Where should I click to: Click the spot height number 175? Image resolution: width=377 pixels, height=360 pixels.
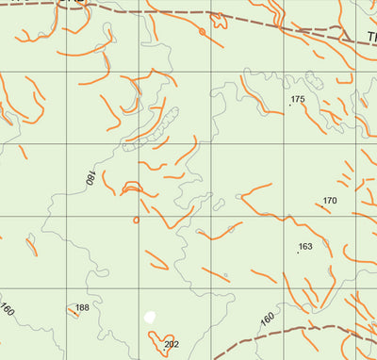(x=299, y=99)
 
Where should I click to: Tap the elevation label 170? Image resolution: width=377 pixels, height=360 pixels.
(x=330, y=201)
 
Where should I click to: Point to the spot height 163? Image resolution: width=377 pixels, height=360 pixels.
(x=304, y=247)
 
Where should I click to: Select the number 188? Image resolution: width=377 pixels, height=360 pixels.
(x=82, y=308)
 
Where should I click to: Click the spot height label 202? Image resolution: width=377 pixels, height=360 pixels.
(x=171, y=345)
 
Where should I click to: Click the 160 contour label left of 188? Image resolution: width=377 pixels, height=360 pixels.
(x=8, y=310)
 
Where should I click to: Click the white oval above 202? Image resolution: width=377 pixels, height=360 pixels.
(x=149, y=318)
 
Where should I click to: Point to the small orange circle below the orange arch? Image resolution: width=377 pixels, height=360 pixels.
(x=136, y=221)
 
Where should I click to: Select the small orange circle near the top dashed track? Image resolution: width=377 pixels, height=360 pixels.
(x=202, y=33)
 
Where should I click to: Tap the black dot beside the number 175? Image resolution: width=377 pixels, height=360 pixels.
(x=289, y=105)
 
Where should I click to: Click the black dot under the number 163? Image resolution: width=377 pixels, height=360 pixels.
(x=298, y=253)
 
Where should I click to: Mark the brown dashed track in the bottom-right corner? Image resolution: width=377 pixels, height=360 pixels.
(x=320, y=331)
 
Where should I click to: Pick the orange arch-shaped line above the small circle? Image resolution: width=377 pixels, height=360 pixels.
(x=132, y=188)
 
